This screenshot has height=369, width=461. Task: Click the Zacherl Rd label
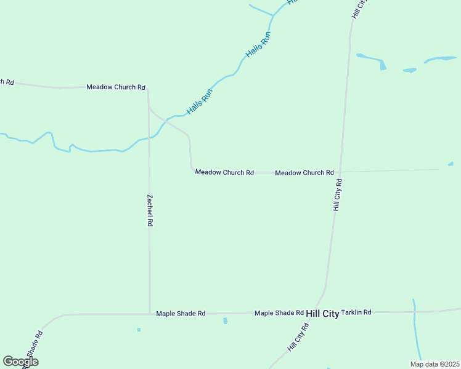coord(149,211)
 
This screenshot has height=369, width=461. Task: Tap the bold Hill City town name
coord(322,314)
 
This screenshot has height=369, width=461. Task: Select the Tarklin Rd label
coord(356,312)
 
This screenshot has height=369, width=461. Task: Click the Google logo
coord(20,362)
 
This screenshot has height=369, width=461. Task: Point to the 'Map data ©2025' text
coord(434,364)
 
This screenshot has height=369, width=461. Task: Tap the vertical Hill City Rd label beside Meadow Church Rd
coord(337,195)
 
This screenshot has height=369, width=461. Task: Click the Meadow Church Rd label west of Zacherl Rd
coord(116,87)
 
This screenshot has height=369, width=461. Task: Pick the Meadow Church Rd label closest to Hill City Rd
coord(304,173)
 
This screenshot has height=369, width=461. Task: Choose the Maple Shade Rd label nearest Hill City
coord(279,313)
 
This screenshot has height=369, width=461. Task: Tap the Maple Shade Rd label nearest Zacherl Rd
coord(181,314)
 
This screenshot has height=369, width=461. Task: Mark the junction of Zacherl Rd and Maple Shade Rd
coord(149,314)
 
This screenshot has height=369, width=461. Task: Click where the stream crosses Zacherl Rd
coord(149,138)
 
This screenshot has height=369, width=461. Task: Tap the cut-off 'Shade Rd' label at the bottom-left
coord(30,349)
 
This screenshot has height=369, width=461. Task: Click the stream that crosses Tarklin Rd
coord(415,312)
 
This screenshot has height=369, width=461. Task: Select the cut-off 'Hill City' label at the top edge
coord(359,8)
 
